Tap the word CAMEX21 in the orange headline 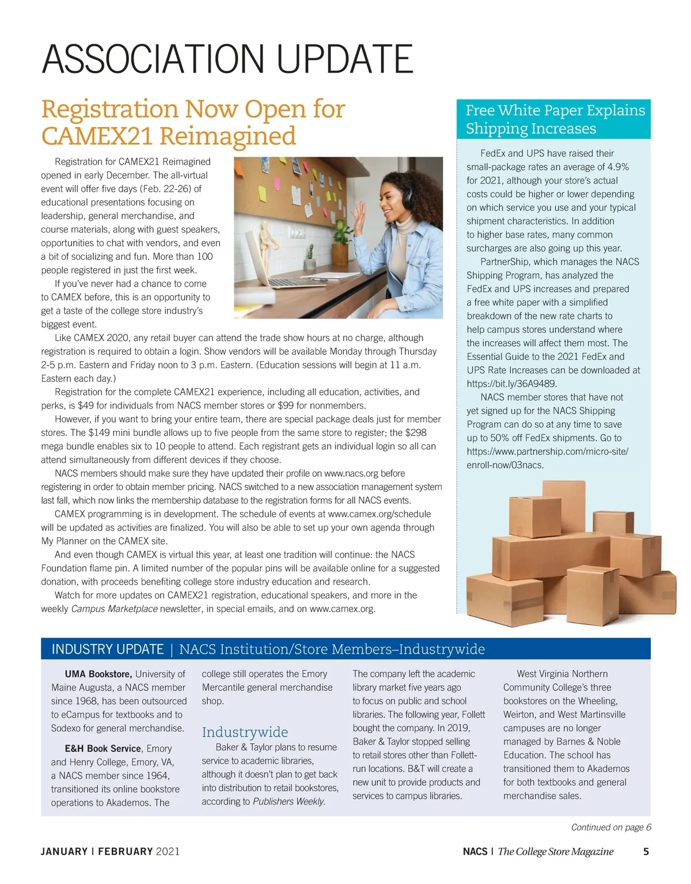[x=97, y=136]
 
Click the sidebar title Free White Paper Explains [x=555, y=110]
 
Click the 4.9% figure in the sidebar [x=618, y=167]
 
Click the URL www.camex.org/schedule [x=379, y=514]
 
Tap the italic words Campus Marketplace [x=114, y=609]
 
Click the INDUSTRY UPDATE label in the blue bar [x=108, y=649]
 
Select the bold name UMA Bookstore [x=98, y=674]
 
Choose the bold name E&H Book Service [x=102, y=748]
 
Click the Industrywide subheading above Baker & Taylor [x=245, y=732]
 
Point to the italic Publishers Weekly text [x=288, y=801]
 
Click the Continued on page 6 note [x=611, y=827]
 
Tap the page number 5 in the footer [x=646, y=851]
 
